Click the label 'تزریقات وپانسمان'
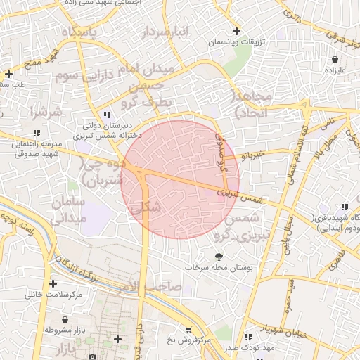[x=236, y=42]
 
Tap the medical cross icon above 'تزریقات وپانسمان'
[x=237, y=31]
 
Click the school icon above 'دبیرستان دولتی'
[x=106, y=114]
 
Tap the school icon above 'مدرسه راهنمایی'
[x=36, y=132]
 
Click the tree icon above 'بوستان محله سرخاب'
[x=219, y=256]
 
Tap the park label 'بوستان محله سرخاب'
[x=219, y=268]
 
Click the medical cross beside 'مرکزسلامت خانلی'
[x=53, y=283]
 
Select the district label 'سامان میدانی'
[x=68, y=210]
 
